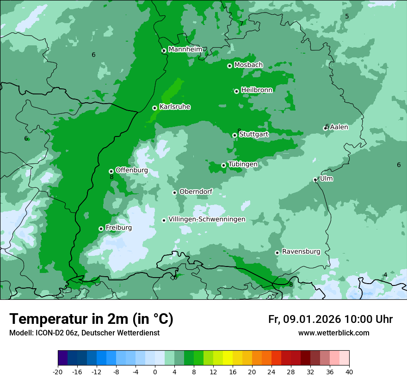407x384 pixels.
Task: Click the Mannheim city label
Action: coord(185,49)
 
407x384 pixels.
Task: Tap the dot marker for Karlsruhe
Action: coord(154,108)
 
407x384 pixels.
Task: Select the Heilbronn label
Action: coord(257,90)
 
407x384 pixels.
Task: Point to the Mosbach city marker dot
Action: coord(229,66)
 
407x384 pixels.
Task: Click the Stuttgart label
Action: coord(253,134)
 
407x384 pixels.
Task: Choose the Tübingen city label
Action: coord(242,164)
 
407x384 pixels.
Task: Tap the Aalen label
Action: coord(339,127)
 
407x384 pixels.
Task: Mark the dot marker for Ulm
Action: coord(315,180)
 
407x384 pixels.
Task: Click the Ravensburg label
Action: coord(301,252)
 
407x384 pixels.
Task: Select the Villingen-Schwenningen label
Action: coord(207,219)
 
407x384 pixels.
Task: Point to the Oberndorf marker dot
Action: coord(174,192)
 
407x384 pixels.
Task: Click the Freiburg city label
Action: coord(118,228)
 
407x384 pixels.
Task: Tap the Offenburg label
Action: coord(131,170)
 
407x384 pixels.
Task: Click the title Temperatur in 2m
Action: coord(91,319)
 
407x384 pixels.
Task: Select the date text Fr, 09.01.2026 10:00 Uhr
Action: coord(330,319)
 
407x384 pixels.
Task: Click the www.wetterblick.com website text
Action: coord(333,333)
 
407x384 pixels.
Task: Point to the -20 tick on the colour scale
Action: coord(57,372)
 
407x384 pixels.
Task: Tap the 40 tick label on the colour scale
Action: coord(349,372)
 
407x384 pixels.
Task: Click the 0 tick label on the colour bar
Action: coord(155,372)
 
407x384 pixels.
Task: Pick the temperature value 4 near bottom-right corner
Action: coord(385,275)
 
